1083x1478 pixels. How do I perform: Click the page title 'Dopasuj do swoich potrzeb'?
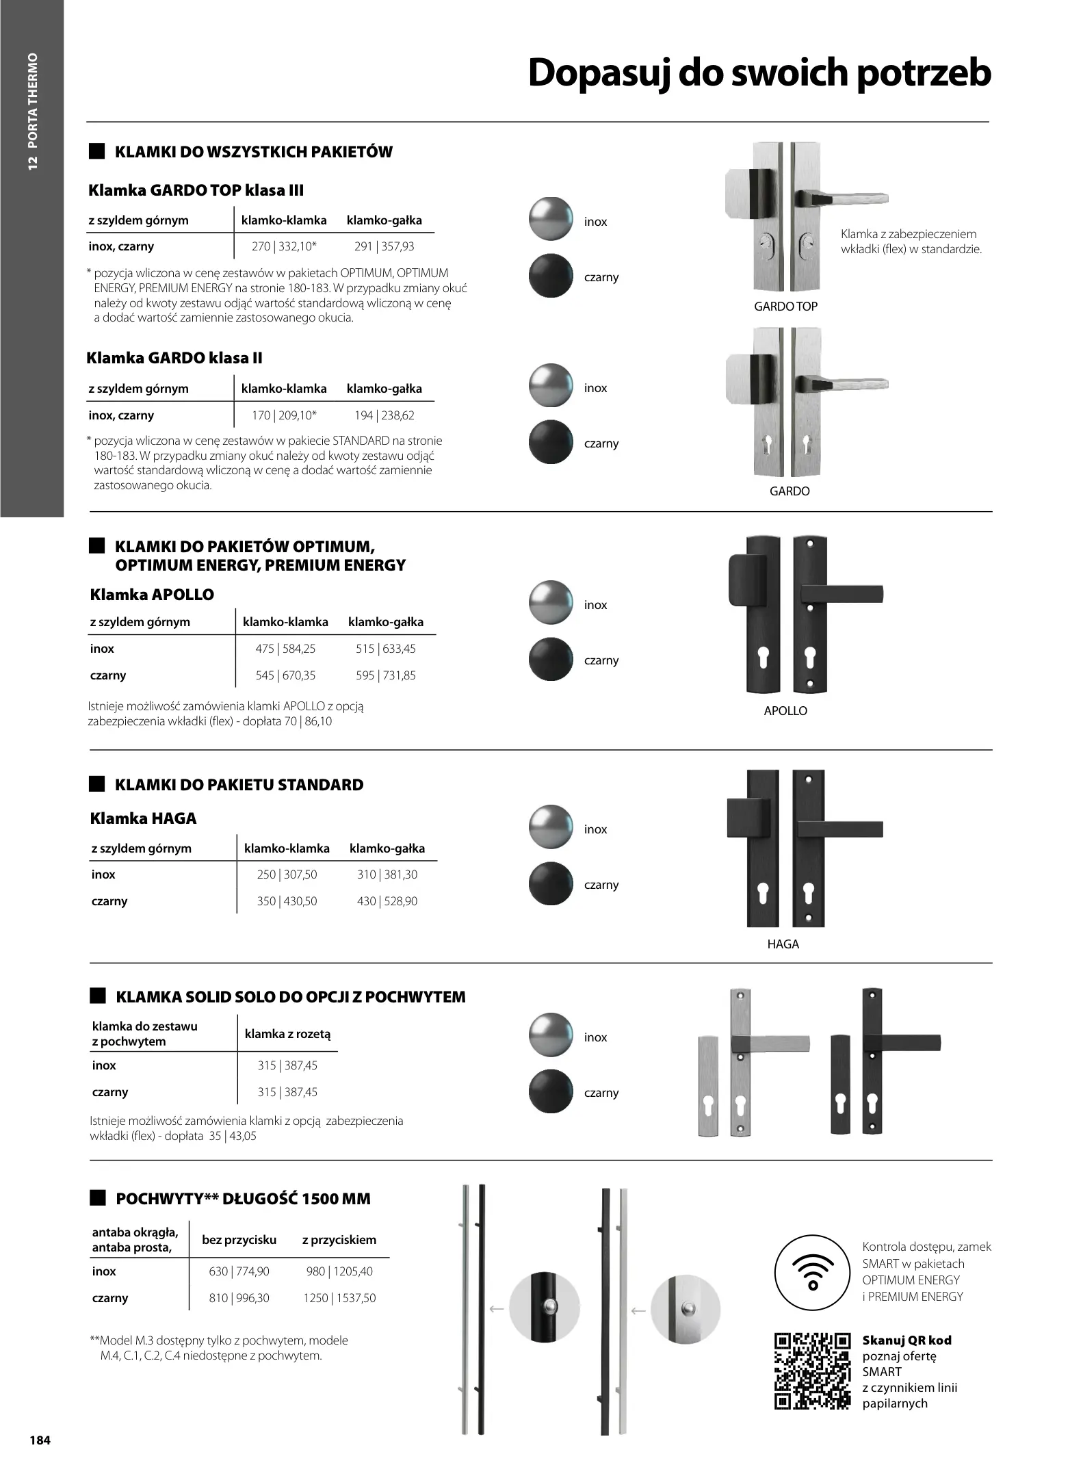(759, 74)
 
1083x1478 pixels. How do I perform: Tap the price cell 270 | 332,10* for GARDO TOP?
(284, 246)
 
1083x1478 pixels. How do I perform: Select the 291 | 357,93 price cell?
(384, 246)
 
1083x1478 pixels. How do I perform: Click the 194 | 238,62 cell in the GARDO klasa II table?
(384, 415)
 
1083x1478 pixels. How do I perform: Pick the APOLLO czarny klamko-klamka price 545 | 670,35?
(285, 675)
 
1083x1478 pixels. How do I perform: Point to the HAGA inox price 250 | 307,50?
(287, 874)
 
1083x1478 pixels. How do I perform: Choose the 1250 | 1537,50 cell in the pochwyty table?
(339, 1298)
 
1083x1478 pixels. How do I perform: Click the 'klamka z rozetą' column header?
(287, 1034)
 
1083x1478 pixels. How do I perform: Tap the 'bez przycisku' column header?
(239, 1240)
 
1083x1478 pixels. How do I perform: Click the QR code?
(812, 1371)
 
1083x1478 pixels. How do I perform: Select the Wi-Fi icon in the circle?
(812, 1272)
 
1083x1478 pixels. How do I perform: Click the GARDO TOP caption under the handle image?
(785, 307)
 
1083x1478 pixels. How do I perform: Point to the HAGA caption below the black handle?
(783, 944)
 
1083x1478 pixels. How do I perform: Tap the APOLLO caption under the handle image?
(785, 711)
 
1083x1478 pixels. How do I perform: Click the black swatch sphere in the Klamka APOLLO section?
(551, 660)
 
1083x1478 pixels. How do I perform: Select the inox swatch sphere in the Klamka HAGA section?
(551, 827)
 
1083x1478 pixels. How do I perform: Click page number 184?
(40, 1440)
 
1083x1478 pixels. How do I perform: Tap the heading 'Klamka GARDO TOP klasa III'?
(196, 190)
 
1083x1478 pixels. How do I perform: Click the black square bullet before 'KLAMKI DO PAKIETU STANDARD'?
(98, 784)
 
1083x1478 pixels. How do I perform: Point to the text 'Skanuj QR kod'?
(906, 1340)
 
